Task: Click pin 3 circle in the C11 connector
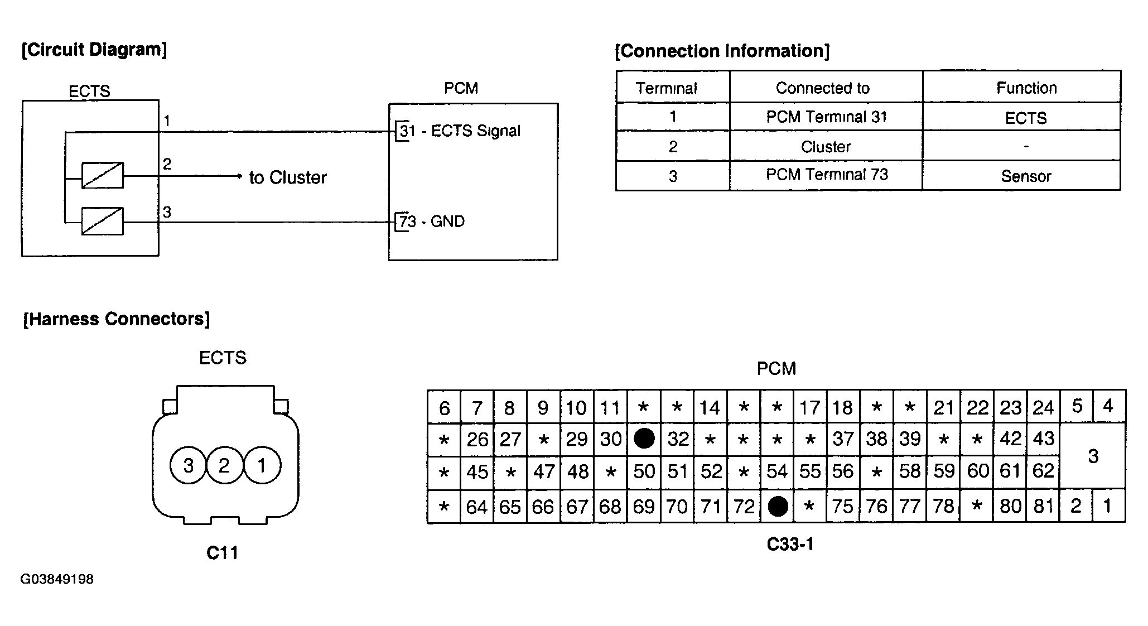[x=189, y=465]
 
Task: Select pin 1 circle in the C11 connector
[x=262, y=465]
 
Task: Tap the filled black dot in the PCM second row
[x=644, y=439]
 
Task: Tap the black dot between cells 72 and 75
[x=778, y=506]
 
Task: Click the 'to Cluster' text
[x=288, y=177]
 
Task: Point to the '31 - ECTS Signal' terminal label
[x=460, y=131]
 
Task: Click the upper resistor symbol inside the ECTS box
[x=103, y=176]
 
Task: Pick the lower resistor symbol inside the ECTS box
[x=103, y=221]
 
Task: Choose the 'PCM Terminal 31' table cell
[x=826, y=117]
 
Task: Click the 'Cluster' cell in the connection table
[x=826, y=147]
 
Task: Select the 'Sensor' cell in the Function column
[x=1026, y=176]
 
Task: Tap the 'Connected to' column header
[x=823, y=88]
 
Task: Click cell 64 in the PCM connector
[x=477, y=507]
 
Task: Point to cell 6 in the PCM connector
[x=444, y=408]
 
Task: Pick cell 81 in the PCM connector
[x=1043, y=506]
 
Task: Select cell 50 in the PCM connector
[x=644, y=472]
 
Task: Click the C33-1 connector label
[x=790, y=544]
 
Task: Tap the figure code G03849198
[x=57, y=579]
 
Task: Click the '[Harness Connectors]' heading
[x=117, y=319]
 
